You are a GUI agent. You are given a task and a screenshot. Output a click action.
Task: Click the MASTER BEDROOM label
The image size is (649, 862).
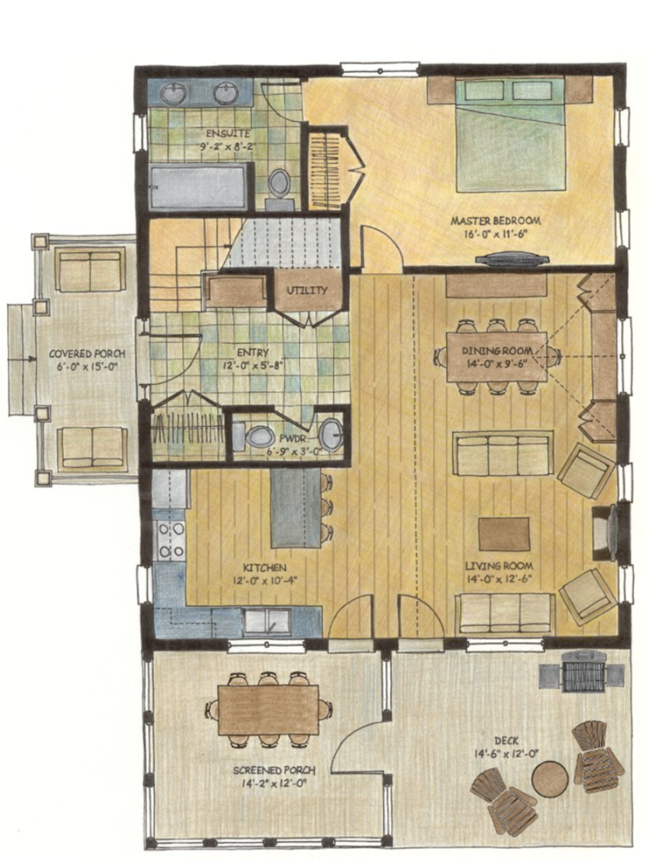point(496,221)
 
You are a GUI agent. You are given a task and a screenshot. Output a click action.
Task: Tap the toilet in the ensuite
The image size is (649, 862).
point(279,184)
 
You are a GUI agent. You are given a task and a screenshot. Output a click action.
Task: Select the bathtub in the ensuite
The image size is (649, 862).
point(198,187)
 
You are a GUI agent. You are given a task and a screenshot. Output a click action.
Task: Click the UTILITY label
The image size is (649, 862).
point(307,291)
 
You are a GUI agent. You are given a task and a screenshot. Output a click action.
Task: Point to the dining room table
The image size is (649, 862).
point(496,356)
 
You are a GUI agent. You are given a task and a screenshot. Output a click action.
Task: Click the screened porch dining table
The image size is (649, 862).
point(268,709)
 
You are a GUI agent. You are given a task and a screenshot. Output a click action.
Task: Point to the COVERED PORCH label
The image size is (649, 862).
point(86,354)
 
